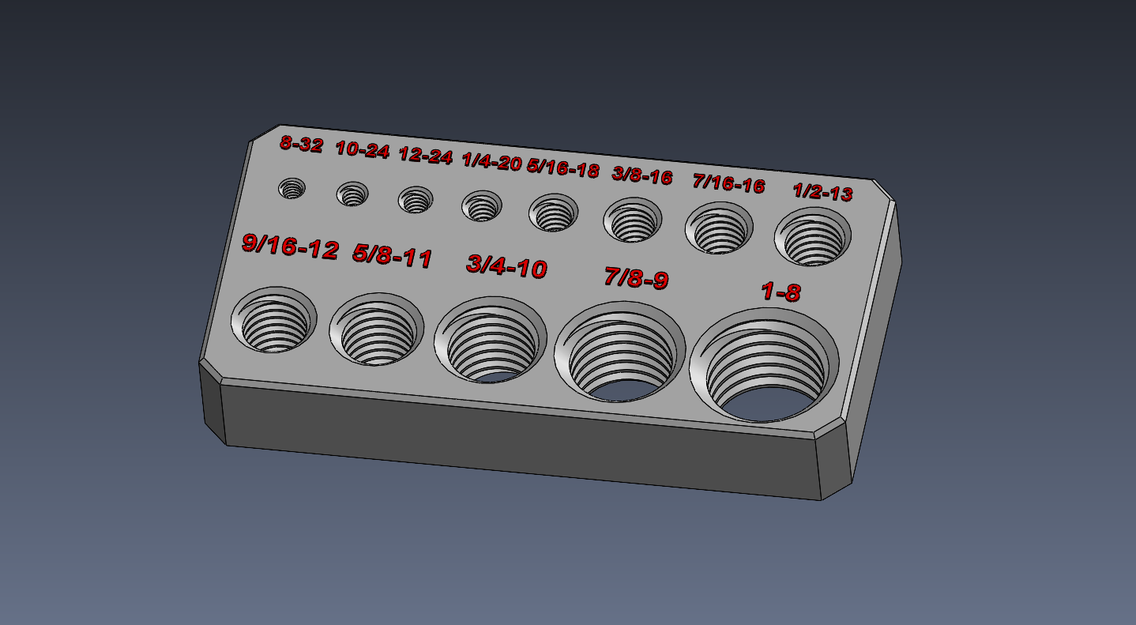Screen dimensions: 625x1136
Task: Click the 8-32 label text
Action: pyautogui.click(x=301, y=145)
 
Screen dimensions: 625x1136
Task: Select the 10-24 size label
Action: pyautogui.click(x=363, y=150)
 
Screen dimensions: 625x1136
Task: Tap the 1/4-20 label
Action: pyautogui.click(x=491, y=163)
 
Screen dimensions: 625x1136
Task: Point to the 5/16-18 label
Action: pyautogui.click(x=562, y=168)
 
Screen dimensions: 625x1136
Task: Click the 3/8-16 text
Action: pyautogui.click(x=641, y=175)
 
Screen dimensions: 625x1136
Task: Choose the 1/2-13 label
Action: pyautogui.click(x=822, y=192)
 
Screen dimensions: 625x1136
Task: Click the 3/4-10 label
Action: pyautogui.click(x=506, y=266)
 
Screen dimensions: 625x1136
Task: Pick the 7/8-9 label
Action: pyautogui.click(x=636, y=278)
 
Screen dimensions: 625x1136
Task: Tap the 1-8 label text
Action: pyautogui.click(x=781, y=292)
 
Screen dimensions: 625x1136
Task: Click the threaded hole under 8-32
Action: pyautogui.click(x=292, y=189)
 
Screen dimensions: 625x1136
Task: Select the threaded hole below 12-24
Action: pyautogui.click(x=416, y=200)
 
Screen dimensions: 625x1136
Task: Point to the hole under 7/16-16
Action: pyautogui.click(x=719, y=228)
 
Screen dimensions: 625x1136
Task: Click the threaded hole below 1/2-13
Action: pyautogui.click(x=813, y=236)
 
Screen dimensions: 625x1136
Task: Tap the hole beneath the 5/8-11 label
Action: pyautogui.click(x=375, y=330)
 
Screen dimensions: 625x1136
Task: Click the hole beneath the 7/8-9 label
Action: pyautogui.click(x=620, y=351)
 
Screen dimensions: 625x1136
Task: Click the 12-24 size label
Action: pyautogui.click(x=425, y=156)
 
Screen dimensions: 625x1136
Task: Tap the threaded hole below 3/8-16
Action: pyautogui.click(x=633, y=220)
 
